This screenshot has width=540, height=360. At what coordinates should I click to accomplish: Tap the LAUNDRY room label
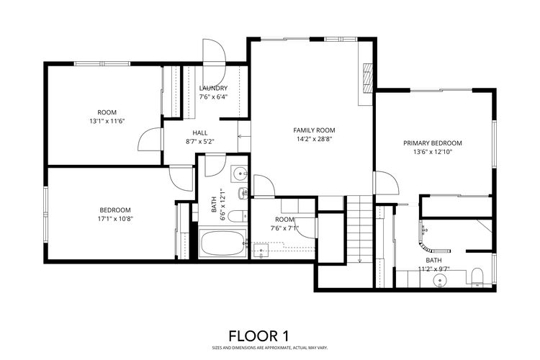tap(213, 88)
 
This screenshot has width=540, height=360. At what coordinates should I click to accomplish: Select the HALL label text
tap(201, 132)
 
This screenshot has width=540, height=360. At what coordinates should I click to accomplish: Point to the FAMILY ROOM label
tap(314, 130)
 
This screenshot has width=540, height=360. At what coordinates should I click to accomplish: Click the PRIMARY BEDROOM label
tap(432, 143)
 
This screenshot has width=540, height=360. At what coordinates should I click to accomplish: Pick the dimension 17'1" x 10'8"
tap(116, 219)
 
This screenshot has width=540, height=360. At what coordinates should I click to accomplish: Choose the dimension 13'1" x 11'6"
tap(107, 121)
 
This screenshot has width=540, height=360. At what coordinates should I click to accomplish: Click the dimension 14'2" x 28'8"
tap(314, 140)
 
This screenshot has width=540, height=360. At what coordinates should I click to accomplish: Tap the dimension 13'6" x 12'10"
tap(432, 152)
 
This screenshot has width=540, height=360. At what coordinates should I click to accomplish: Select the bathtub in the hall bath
tap(223, 243)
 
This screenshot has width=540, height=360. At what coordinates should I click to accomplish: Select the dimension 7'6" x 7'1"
tap(284, 228)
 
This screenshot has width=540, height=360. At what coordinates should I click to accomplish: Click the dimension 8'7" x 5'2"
tap(201, 142)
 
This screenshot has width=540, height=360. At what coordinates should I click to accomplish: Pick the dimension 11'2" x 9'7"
tap(434, 269)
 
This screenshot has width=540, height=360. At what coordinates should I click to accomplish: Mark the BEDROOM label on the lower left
tap(116, 210)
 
